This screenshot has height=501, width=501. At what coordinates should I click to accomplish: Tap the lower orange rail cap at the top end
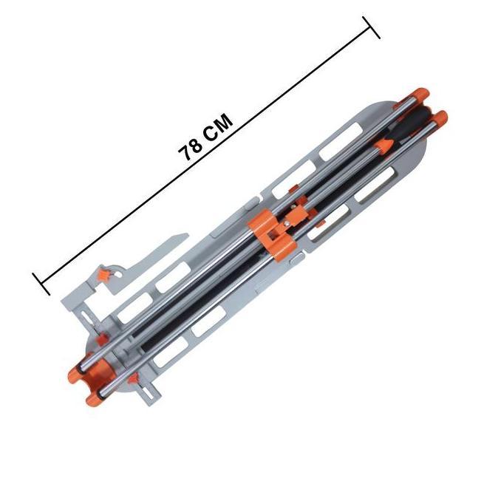click(x=442, y=118)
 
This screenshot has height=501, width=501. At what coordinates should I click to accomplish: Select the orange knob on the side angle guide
click(x=103, y=275)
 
